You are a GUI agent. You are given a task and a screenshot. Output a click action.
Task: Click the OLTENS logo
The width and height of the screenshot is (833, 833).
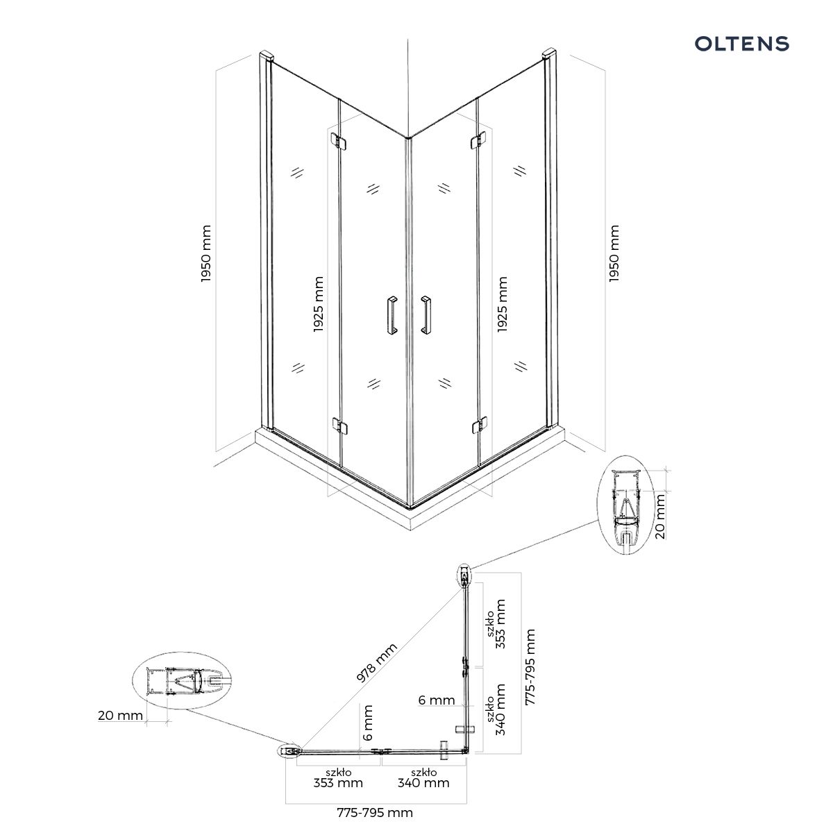741,44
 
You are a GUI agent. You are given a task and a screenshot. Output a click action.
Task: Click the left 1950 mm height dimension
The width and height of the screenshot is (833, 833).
206,253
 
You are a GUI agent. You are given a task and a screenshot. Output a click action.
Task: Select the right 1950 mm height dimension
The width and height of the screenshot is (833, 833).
614,253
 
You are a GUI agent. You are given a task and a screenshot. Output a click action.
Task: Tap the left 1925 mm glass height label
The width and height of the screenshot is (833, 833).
319,304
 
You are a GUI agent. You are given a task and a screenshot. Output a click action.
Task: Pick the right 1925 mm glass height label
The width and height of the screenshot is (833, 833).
503,304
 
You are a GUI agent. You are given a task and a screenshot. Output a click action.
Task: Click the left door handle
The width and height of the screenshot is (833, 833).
391,317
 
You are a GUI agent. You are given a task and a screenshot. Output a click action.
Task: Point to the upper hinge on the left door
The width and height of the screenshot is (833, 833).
339,141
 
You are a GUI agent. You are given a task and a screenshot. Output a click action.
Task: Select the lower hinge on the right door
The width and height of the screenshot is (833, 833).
478,425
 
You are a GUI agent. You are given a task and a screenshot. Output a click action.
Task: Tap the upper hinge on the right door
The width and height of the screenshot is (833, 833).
478,141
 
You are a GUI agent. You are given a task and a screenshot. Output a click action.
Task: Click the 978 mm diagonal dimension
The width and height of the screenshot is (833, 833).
379,664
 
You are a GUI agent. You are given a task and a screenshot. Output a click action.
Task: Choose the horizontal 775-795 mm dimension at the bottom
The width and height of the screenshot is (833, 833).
375,812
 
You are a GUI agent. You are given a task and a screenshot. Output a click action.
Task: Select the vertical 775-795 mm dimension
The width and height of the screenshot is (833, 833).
530,667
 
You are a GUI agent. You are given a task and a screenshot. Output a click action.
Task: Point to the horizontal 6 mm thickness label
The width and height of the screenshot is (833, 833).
437,700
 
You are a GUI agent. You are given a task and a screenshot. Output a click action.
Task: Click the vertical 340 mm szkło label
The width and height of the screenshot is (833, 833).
496,709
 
